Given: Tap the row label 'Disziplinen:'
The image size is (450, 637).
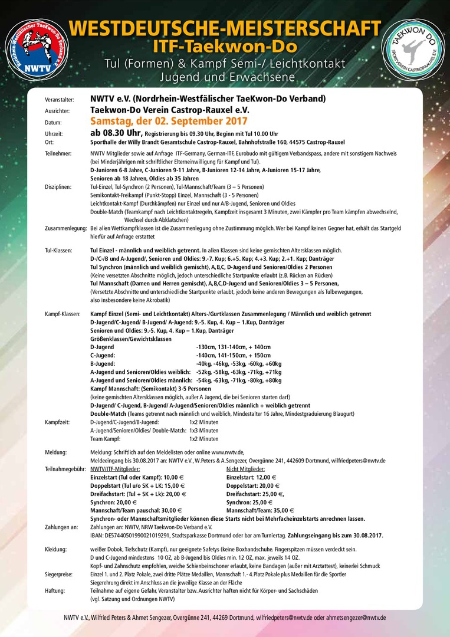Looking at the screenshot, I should point(58,186).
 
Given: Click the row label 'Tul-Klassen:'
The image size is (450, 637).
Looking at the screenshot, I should point(58,251).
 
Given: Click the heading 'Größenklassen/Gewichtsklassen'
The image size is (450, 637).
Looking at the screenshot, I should point(131,339).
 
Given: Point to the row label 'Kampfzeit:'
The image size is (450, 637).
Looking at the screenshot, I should point(57,422).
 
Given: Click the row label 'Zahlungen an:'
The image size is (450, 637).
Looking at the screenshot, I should point(61,527).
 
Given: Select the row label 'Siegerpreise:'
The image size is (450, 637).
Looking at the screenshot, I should point(60,573).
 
